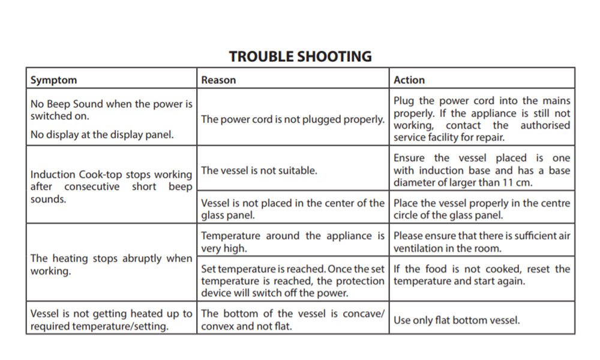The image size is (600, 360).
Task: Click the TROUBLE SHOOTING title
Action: (x=300, y=56)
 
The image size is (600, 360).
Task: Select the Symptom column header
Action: (x=54, y=80)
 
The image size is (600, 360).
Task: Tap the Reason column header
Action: (x=218, y=80)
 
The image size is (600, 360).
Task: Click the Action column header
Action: (x=409, y=80)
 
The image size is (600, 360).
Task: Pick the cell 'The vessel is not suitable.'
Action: (x=259, y=170)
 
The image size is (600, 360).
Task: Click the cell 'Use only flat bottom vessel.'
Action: (x=457, y=320)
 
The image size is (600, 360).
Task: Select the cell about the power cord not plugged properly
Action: (x=292, y=119)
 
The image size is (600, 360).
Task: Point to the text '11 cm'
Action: (x=517, y=183)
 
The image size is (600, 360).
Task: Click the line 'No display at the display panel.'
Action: (x=102, y=134)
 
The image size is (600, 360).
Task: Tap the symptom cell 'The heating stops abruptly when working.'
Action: (x=112, y=265)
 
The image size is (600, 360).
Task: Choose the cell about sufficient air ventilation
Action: (x=482, y=242)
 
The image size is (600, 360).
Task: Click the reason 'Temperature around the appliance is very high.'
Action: (x=292, y=242)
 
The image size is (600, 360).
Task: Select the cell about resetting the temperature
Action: (x=482, y=275)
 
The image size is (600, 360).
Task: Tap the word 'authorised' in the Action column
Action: (x=545, y=125)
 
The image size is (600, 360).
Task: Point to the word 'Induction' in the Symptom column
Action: (x=53, y=175)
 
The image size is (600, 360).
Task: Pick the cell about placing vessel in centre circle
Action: (x=482, y=209)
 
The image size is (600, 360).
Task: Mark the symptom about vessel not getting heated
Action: (x=112, y=320)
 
